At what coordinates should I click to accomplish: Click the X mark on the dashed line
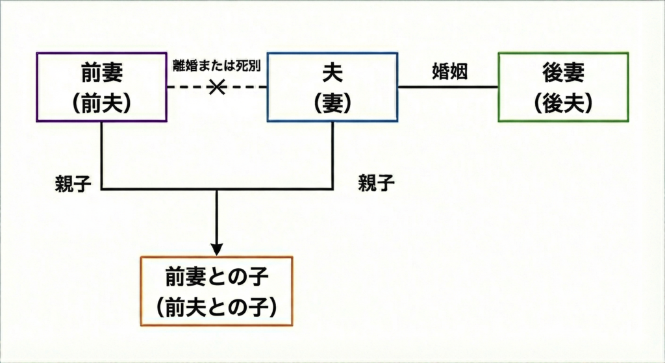pos(216,87)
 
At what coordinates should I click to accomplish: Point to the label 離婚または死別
pos(216,66)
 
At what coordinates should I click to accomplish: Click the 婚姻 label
pos(449,72)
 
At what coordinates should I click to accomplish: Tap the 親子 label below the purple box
pos(73,184)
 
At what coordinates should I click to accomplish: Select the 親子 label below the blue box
pos(377,184)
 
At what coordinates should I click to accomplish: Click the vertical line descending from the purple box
pos(102,156)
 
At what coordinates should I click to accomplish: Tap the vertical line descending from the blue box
pos(332,156)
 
